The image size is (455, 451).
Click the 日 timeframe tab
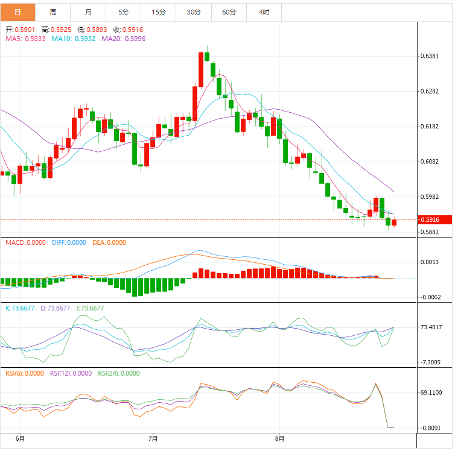[17, 12]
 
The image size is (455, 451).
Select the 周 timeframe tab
[53, 12]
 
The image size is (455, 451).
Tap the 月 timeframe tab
[89, 12]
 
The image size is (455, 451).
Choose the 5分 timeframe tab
[124, 12]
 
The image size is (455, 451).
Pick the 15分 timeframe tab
[159, 12]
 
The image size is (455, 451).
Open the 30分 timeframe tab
[194, 12]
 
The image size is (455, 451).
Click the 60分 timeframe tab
[229, 12]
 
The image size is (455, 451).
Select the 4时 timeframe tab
[264, 12]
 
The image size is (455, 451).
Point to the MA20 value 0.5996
[135, 39]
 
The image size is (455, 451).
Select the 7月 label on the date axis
[153, 438]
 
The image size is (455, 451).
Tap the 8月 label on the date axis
[279, 438]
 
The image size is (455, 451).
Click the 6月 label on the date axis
[20, 438]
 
